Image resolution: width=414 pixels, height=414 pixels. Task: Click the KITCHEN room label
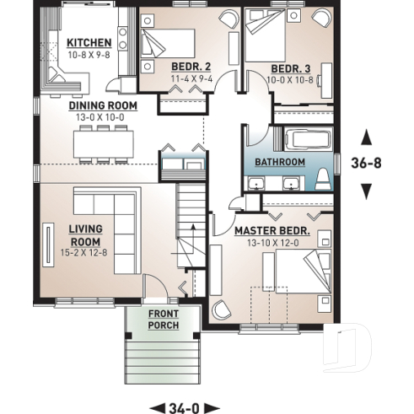[x=89, y=42]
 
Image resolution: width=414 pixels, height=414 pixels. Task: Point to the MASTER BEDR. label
[x=272, y=230]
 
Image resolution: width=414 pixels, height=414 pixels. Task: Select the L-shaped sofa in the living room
[x=110, y=212]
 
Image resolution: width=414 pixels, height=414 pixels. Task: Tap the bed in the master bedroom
[x=293, y=278]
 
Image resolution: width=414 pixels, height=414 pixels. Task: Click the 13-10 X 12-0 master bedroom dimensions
[x=272, y=242]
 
